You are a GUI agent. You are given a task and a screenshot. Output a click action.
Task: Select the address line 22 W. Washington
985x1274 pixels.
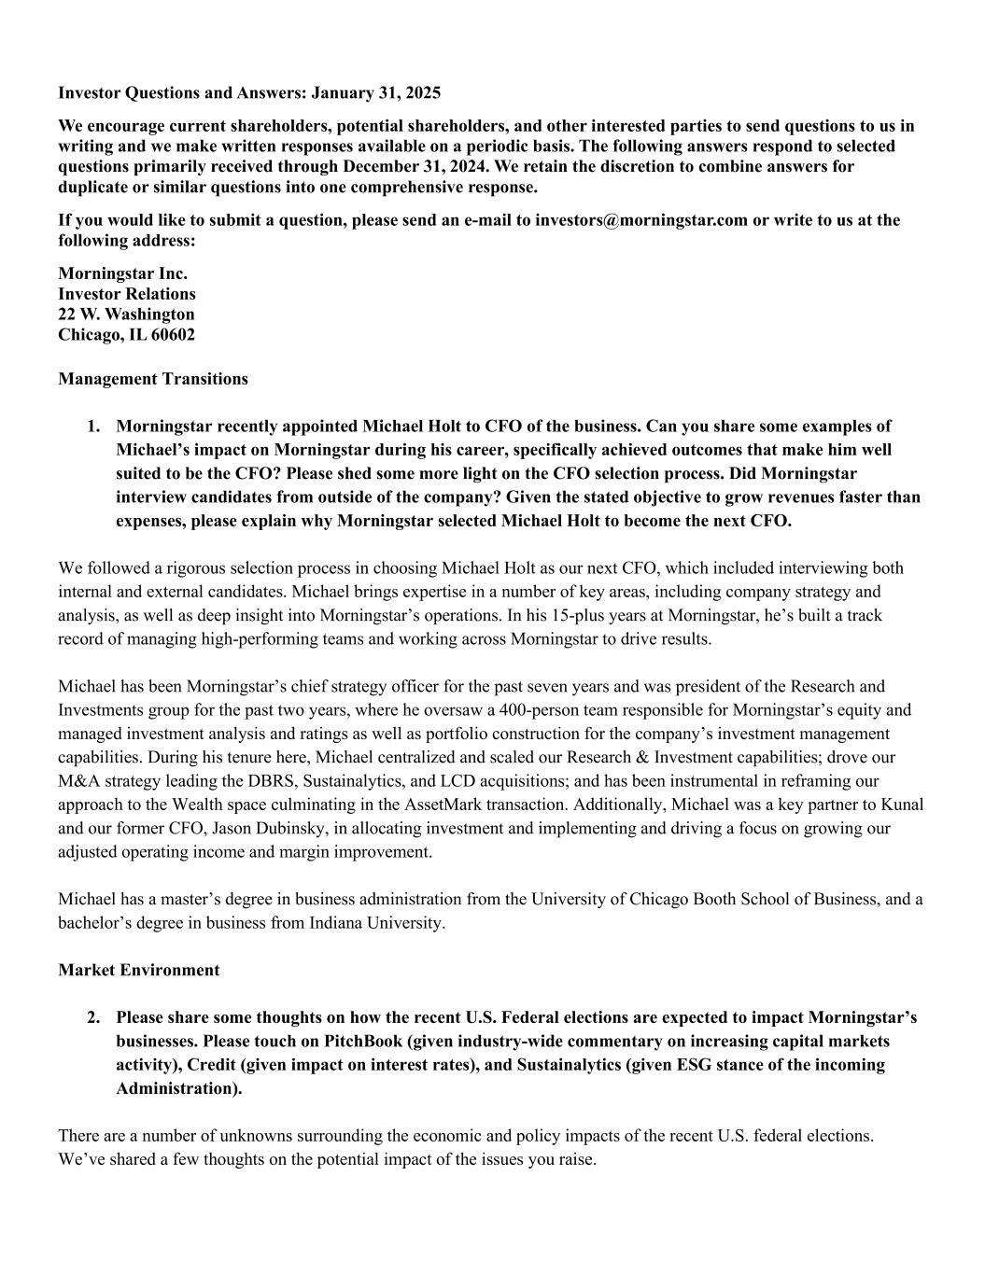click(x=126, y=314)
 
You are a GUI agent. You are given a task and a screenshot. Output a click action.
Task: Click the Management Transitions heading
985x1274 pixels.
click(x=153, y=379)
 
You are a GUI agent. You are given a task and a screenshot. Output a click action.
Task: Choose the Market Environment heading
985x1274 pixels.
click(x=139, y=970)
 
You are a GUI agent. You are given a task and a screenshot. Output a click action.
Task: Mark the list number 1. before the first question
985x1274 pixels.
click(x=94, y=427)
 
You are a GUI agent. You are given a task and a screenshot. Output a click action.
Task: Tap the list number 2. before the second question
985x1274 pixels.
click(x=94, y=1017)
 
